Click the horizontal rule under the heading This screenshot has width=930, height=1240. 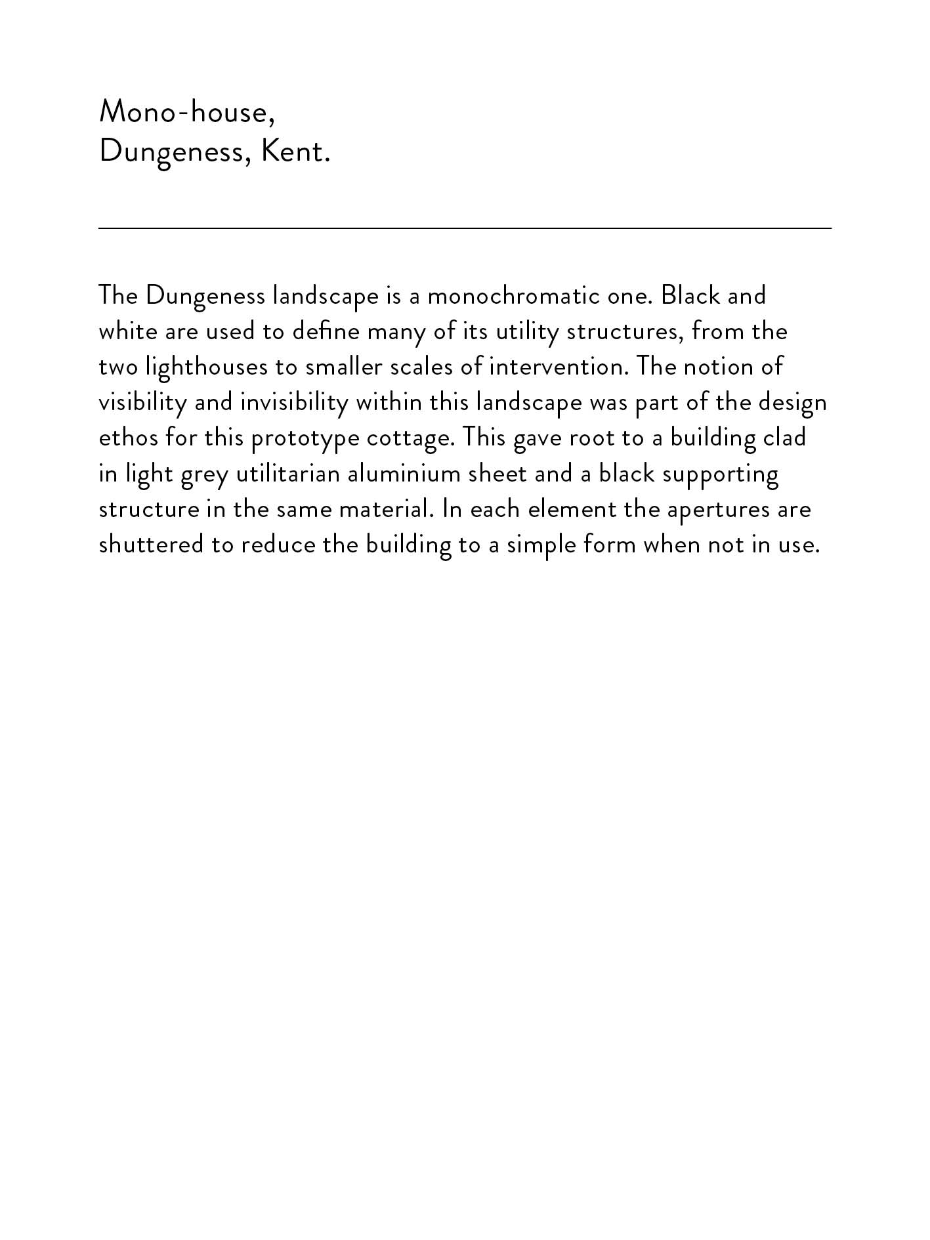point(465,228)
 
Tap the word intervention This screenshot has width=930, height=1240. point(557,367)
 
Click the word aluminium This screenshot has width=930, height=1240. point(404,474)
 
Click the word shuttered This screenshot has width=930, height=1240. point(151,545)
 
